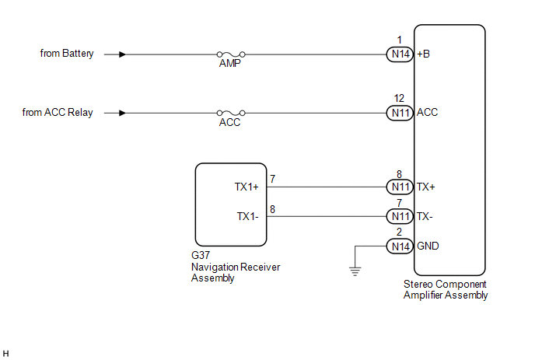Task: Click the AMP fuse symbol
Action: [x=231, y=54]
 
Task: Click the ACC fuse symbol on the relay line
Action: [x=231, y=113]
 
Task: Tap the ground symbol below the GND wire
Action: [x=355, y=271]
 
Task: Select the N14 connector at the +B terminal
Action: [x=400, y=54]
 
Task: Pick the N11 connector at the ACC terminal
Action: [x=400, y=113]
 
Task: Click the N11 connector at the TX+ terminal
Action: [x=400, y=187]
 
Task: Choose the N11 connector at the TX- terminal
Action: [x=400, y=216]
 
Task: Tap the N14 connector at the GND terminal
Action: [x=400, y=246]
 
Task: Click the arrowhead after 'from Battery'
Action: [x=122, y=54]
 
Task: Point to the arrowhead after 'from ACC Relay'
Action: [x=122, y=113]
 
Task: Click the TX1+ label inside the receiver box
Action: [x=247, y=187]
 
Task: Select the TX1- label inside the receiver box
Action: [x=248, y=216]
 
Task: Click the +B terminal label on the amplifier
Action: [x=424, y=54]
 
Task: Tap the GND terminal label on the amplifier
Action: [x=428, y=246]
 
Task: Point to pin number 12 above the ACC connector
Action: [x=399, y=98]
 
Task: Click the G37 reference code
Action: [x=201, y=255]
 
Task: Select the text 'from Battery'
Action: [x=67, y=54]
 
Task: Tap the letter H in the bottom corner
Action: [x=5, y=354]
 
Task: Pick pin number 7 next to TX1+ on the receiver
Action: [x=272, y=179]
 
